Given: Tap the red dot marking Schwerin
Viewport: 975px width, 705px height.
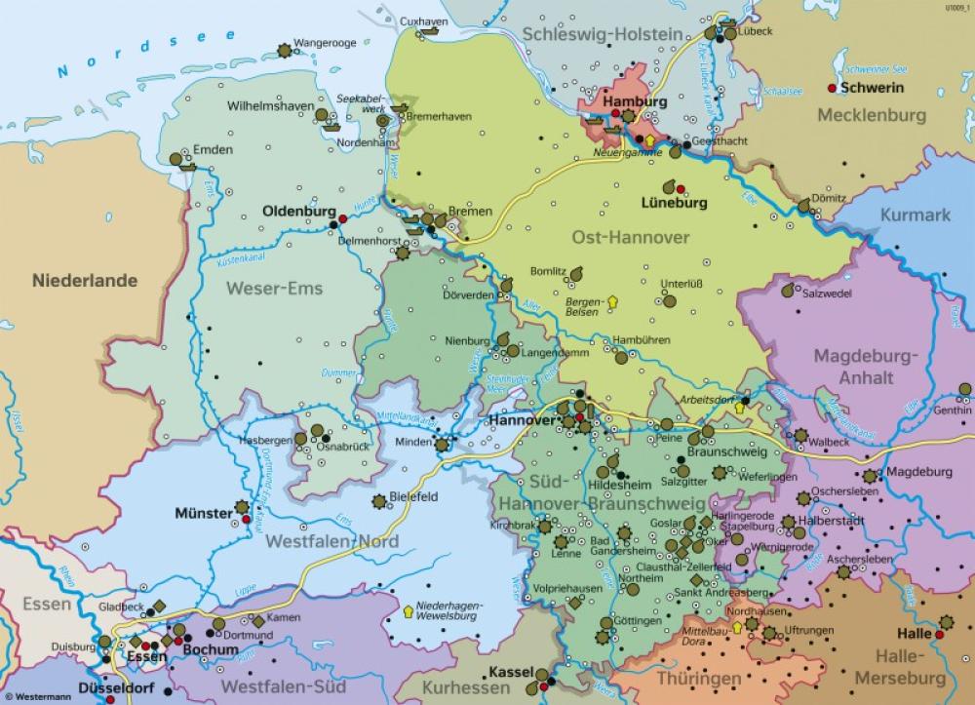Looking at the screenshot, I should pyautogui.click(x=832, y=88).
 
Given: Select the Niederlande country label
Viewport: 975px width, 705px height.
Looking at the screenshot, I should pyautogui.click(x=85, y=281).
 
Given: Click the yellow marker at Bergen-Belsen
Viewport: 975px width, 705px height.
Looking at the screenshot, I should pyautogui.click(x=612, y=301).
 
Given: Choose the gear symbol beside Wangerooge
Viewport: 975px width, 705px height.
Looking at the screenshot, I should pyautogui.click(x=284, y=50).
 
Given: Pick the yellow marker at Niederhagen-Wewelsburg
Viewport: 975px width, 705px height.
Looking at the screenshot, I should pyautogui.click(x=407, y=612).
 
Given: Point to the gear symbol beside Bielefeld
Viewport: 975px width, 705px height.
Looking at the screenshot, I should pyautogui.click(x=378, y=501).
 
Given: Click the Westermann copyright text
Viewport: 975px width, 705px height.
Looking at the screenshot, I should pyautogui.click(x=35, y=696).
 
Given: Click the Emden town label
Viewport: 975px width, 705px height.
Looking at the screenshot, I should pyautogui.click(x=213, y=150).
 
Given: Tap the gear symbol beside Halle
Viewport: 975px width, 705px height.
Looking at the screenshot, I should pyautogui.click(x=947, y=620).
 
